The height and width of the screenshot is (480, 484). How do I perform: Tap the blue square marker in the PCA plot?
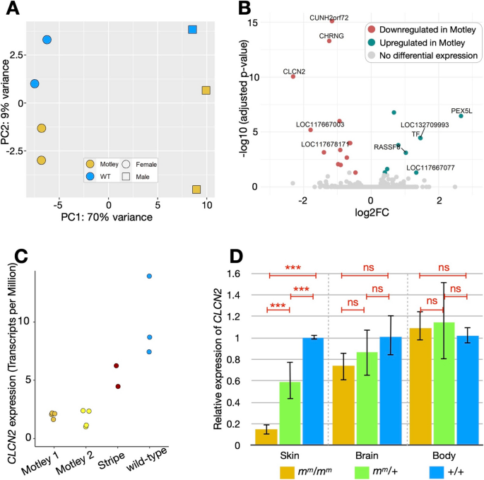click(192, 30)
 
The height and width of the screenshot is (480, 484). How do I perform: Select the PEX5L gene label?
click(463, 111)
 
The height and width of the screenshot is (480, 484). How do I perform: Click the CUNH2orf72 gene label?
click(329, 17)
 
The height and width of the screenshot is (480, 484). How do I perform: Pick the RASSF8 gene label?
click(388, 147)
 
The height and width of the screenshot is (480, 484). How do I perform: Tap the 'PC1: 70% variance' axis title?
click(116, 216)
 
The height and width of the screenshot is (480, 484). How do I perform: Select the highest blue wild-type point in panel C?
click(150, 276)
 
